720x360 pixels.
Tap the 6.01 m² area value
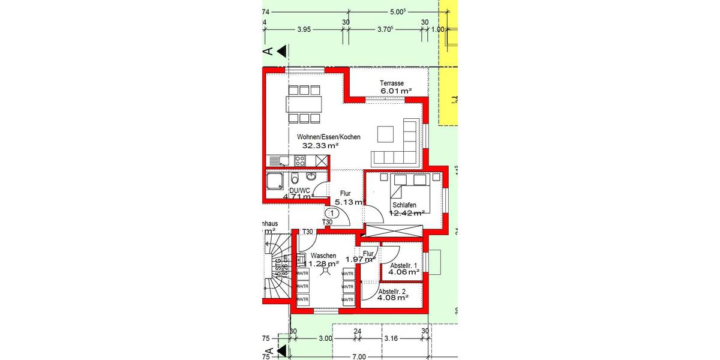coord(395,91)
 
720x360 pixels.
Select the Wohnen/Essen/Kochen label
coord(329,137)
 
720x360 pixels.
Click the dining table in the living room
coord(303,104)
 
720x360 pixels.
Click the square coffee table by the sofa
coord(385,134)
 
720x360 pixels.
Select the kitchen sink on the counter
coord(280,160)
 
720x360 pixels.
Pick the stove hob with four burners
coord(300,160)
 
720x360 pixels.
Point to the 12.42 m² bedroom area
coord(407,212)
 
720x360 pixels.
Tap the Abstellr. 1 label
coord(404,265)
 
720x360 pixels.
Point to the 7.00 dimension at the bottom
coord(358,357)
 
